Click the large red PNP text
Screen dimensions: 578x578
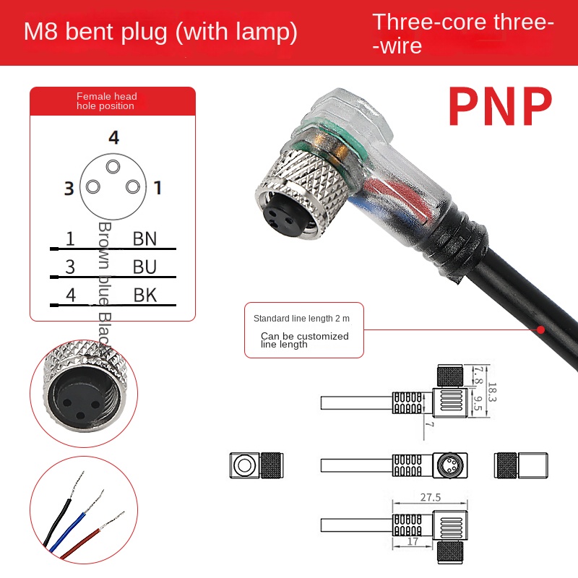click(500, 108)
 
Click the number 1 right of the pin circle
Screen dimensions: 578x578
click(158, 189)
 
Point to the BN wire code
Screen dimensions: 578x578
click(144, 238)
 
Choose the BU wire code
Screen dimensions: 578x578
click(144, 267)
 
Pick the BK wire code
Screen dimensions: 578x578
click(144, 294)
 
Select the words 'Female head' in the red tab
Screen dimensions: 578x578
click(107, 96)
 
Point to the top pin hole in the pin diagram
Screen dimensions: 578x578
click(113, 167)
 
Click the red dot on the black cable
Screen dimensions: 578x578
click(540, 329)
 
